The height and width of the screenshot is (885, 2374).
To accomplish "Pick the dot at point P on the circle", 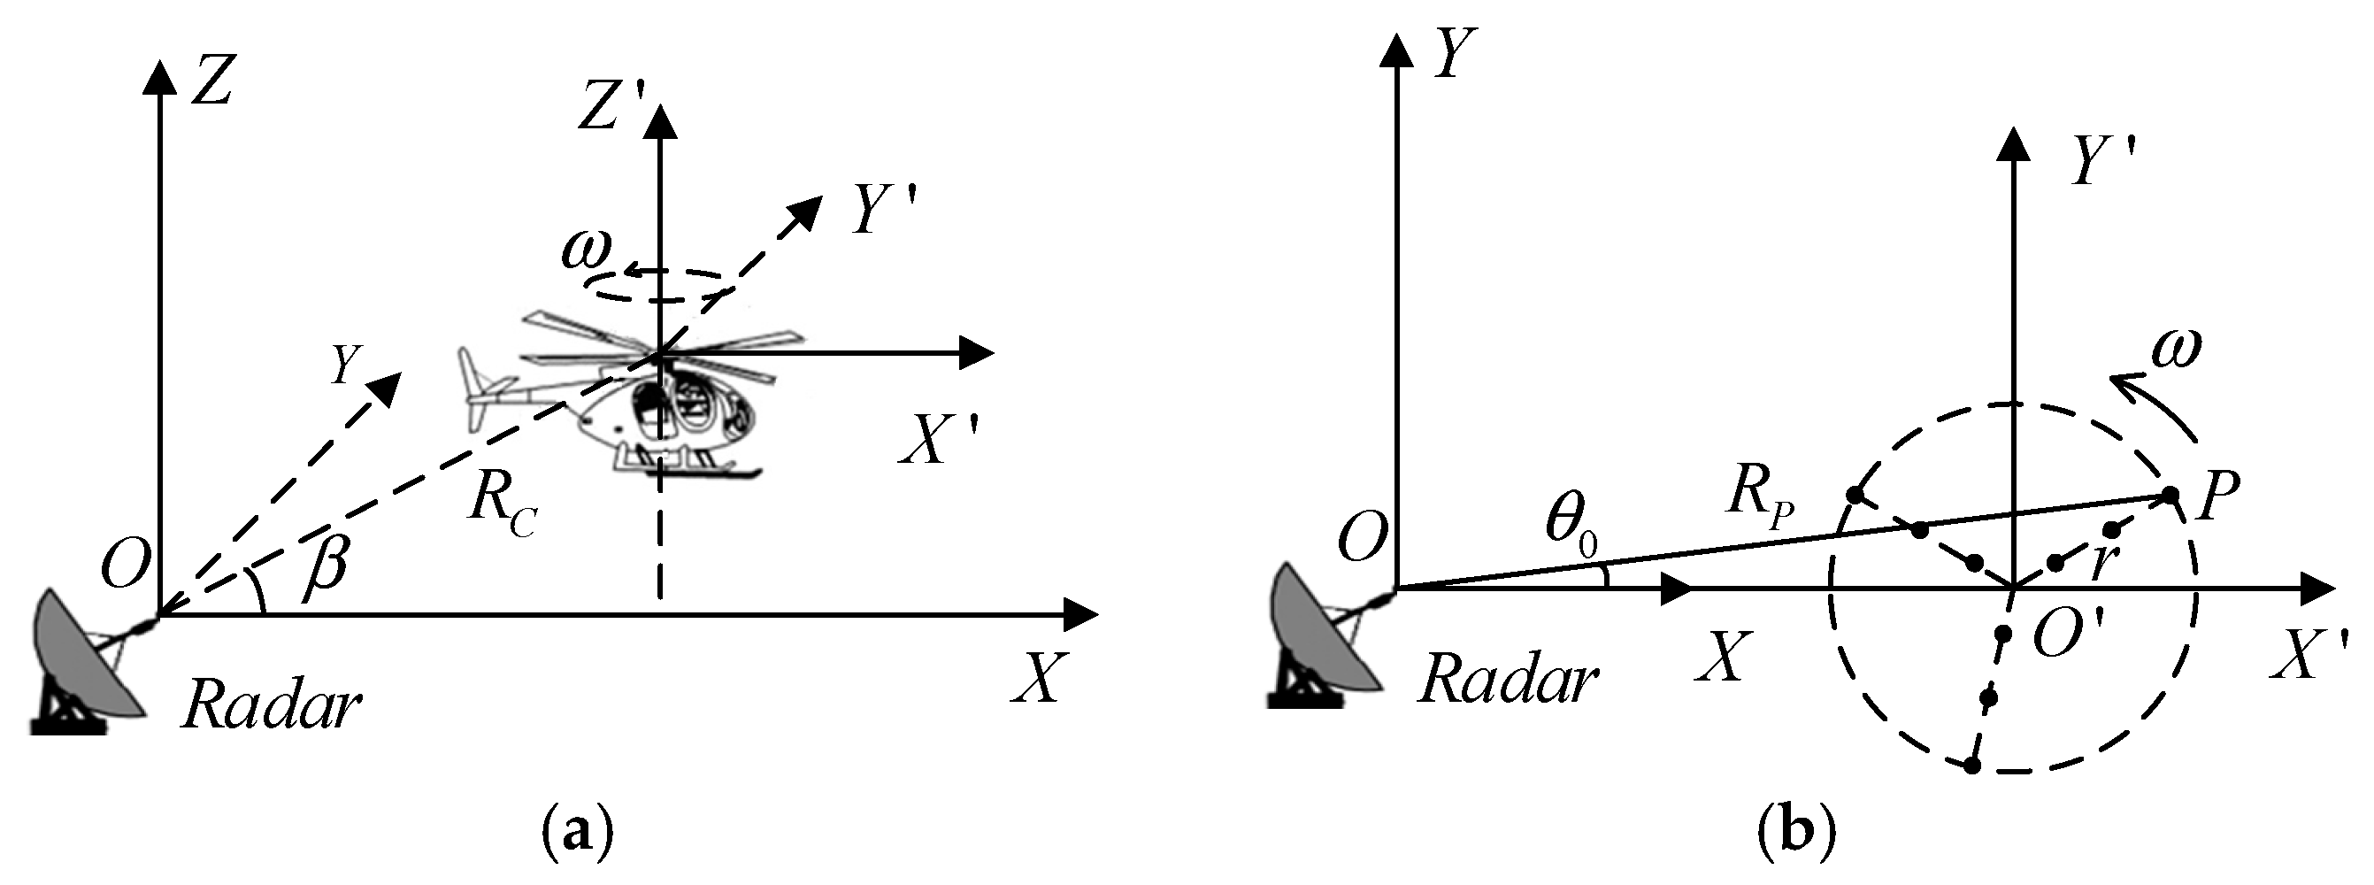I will tap(2170, 496).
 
